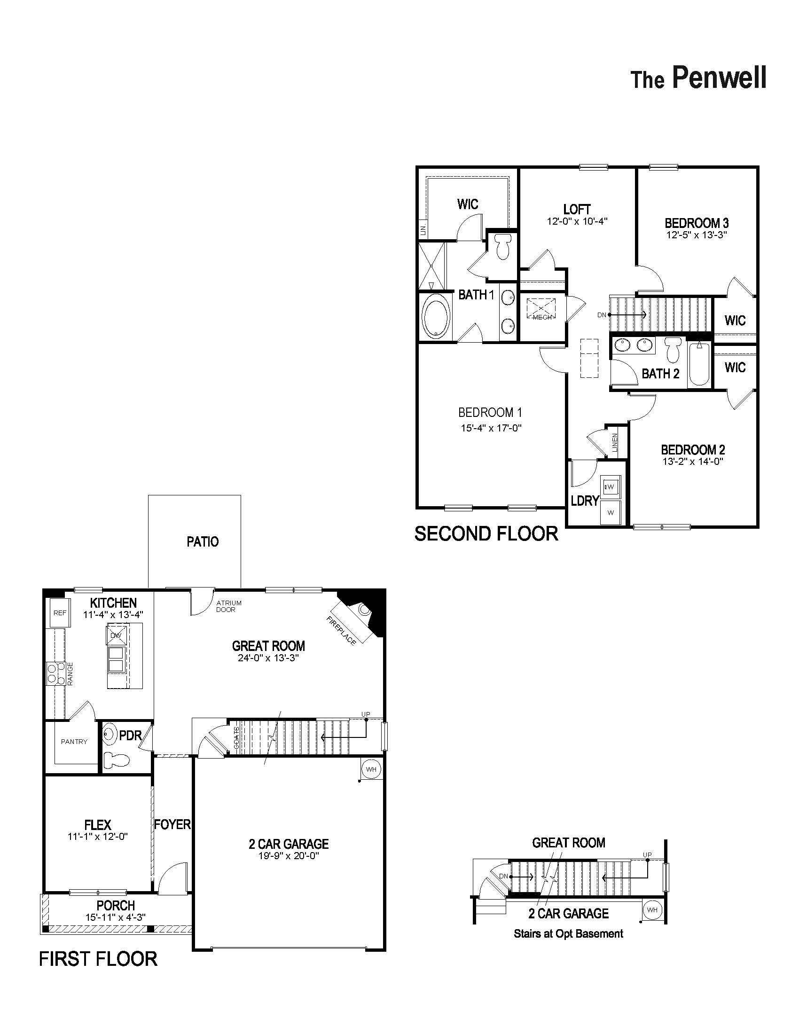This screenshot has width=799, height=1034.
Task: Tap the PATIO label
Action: coord(203,541)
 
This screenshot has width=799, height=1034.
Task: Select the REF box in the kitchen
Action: coord(60,613)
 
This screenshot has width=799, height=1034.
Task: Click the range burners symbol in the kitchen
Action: coord(55,674)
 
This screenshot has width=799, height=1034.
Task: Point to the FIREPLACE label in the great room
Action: coord(341,631)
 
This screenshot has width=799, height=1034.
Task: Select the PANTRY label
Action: coord(74,742)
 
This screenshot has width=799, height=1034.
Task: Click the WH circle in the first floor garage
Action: coord(371,769)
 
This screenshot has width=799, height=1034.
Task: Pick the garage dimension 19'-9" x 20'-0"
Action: coord(289,856)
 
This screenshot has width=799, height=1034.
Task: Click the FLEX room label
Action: coord(98,825)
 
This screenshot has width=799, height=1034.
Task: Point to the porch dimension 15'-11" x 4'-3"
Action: coord(116,917)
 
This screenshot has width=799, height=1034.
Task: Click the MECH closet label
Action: coord(542,317)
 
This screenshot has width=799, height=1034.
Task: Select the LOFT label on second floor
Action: coord(577,209)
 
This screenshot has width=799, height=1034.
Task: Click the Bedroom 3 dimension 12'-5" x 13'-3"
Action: coord(696,235)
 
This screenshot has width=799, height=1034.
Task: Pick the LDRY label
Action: coord(585,501)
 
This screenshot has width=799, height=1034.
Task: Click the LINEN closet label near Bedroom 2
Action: coord(615,442)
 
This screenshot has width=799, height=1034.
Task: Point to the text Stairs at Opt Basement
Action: coord(569,933)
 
